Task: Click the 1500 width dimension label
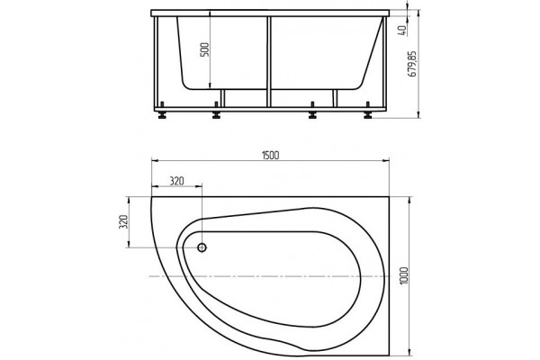point(271,156)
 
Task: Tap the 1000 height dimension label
point(404,275)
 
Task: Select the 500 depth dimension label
point(205,49)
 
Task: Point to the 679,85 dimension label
point(412,64)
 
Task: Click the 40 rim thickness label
point(403,31)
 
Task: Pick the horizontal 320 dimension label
point(176,181)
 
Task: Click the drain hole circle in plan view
point(202,247)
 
